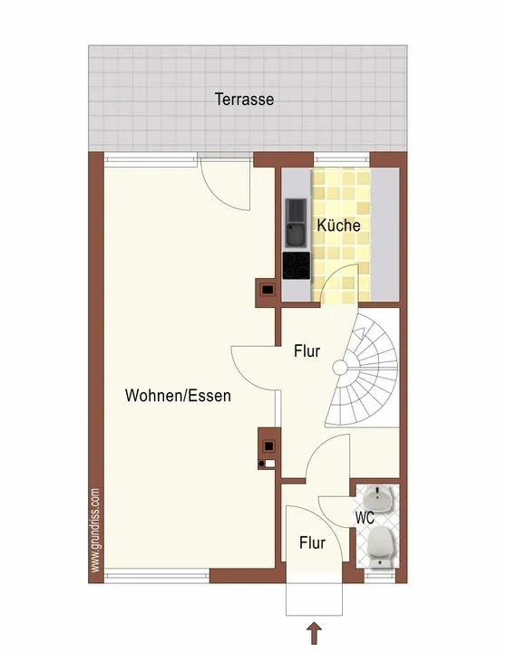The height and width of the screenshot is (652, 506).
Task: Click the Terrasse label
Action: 245,100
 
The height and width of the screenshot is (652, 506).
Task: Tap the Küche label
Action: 338,225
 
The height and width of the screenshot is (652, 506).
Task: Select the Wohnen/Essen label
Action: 178,396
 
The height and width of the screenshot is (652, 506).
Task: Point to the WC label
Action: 365,518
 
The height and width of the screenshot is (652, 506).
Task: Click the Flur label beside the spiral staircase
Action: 307,351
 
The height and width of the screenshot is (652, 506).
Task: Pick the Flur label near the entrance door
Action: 312,542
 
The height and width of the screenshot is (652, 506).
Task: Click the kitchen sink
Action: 297,222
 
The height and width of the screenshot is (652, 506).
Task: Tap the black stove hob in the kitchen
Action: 297,265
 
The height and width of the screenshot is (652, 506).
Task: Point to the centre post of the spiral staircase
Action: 340,368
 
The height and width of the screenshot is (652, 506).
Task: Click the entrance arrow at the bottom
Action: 315,633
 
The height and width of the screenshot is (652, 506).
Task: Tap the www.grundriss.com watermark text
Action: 95,530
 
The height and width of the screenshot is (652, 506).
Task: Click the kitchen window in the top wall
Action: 342,158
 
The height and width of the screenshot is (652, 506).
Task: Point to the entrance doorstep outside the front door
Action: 314,594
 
